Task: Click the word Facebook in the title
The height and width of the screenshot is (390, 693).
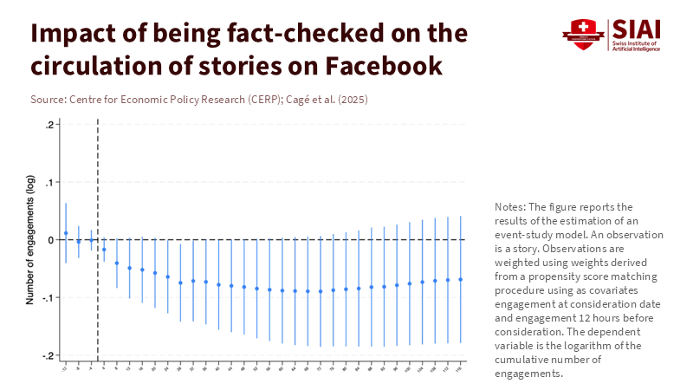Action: pyautogui.click(x=373, y=66)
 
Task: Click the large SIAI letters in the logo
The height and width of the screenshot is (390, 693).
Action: pyautogui.click(x=636, y=29)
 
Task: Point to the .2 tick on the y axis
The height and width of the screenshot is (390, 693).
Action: pyautogui.click(x=50, y=125)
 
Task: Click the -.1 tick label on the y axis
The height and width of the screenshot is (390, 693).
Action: pyautogui.click(x=49, y=297)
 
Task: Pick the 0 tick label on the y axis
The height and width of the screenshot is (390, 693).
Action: pyautogui.click(x=52, y=239)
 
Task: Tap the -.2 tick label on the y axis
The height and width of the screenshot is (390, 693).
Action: pyautogui.click(x=49, y=355)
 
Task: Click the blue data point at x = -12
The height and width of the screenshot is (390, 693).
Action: pyautogui.click(x=66, y=233)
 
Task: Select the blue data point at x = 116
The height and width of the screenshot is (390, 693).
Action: pyautogui.click(x=460, y=279)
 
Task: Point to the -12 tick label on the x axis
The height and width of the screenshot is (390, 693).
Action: pyautogui.click(x=65, y=368)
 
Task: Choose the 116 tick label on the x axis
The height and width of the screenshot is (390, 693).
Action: pyautogui.click(x=460, y=368)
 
